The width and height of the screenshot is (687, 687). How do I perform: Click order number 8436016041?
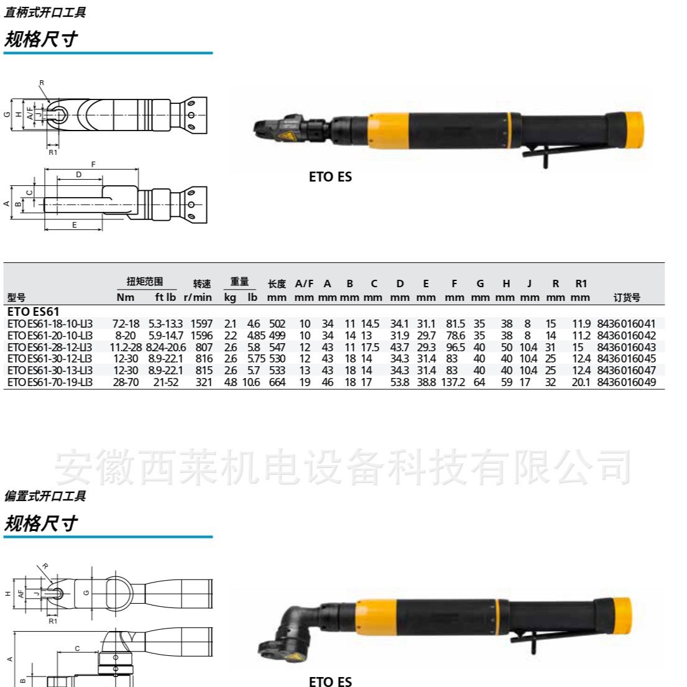point(626,323)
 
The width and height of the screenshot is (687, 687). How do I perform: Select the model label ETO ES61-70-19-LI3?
point(50,382)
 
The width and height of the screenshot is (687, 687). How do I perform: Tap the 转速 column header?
point(201,284)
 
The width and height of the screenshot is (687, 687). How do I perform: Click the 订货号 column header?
point(626,298)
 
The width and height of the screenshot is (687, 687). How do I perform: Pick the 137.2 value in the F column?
point(453,382)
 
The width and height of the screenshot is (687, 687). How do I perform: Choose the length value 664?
point(277,382)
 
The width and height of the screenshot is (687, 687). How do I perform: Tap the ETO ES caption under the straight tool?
point(330,177)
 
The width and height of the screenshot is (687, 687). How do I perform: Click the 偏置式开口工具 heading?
point(45,496)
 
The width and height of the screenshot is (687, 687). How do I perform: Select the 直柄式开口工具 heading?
point(45,12)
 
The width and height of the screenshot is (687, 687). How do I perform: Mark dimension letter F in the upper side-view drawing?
point(93,164)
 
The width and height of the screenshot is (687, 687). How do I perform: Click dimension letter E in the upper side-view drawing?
point(75,225)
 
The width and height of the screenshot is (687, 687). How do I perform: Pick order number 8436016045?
point(626,359)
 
